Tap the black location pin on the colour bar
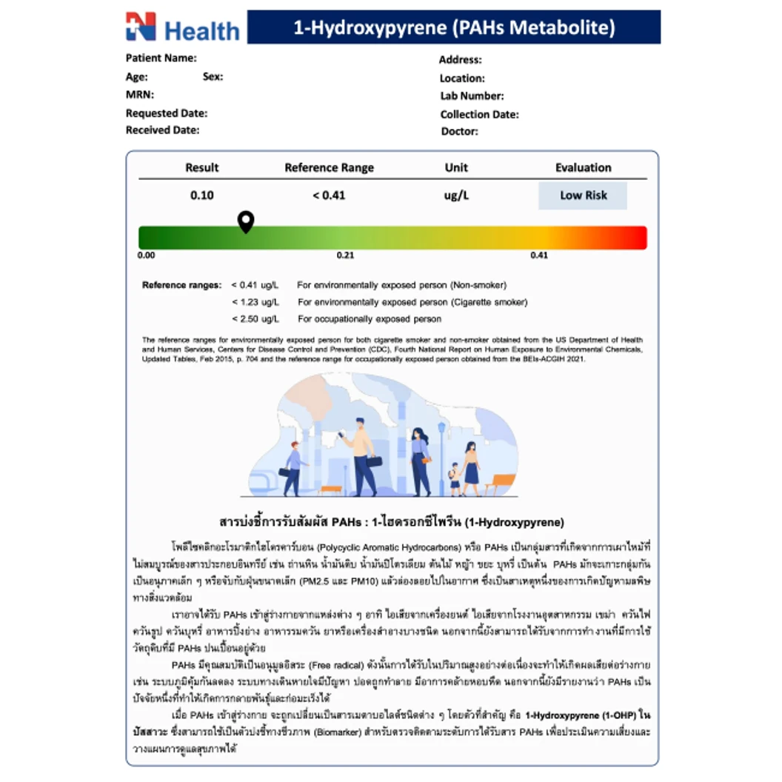(x=246, y=221)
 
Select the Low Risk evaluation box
(x=583, y=195)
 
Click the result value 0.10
(x=201, y=195)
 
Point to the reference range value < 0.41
(x=329, y=195)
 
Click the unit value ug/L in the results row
(x=456, y=195)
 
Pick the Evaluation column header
(x=583, y=167)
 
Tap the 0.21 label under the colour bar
(x=345, y=255)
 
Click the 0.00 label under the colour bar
(x=147, y=255)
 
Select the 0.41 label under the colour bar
(x=538, y=255)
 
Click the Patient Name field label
(x=161, y=58)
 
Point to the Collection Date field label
(x=479, y=114)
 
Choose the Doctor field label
(x=459, y=132)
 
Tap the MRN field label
(x=139, y=95)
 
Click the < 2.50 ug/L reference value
(x=255, y=319)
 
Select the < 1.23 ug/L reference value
(x=255, y=302)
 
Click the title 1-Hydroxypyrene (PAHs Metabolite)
(x=454, y=28)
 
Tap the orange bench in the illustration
(x=504, y=481)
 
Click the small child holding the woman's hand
(x=455, y=478)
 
